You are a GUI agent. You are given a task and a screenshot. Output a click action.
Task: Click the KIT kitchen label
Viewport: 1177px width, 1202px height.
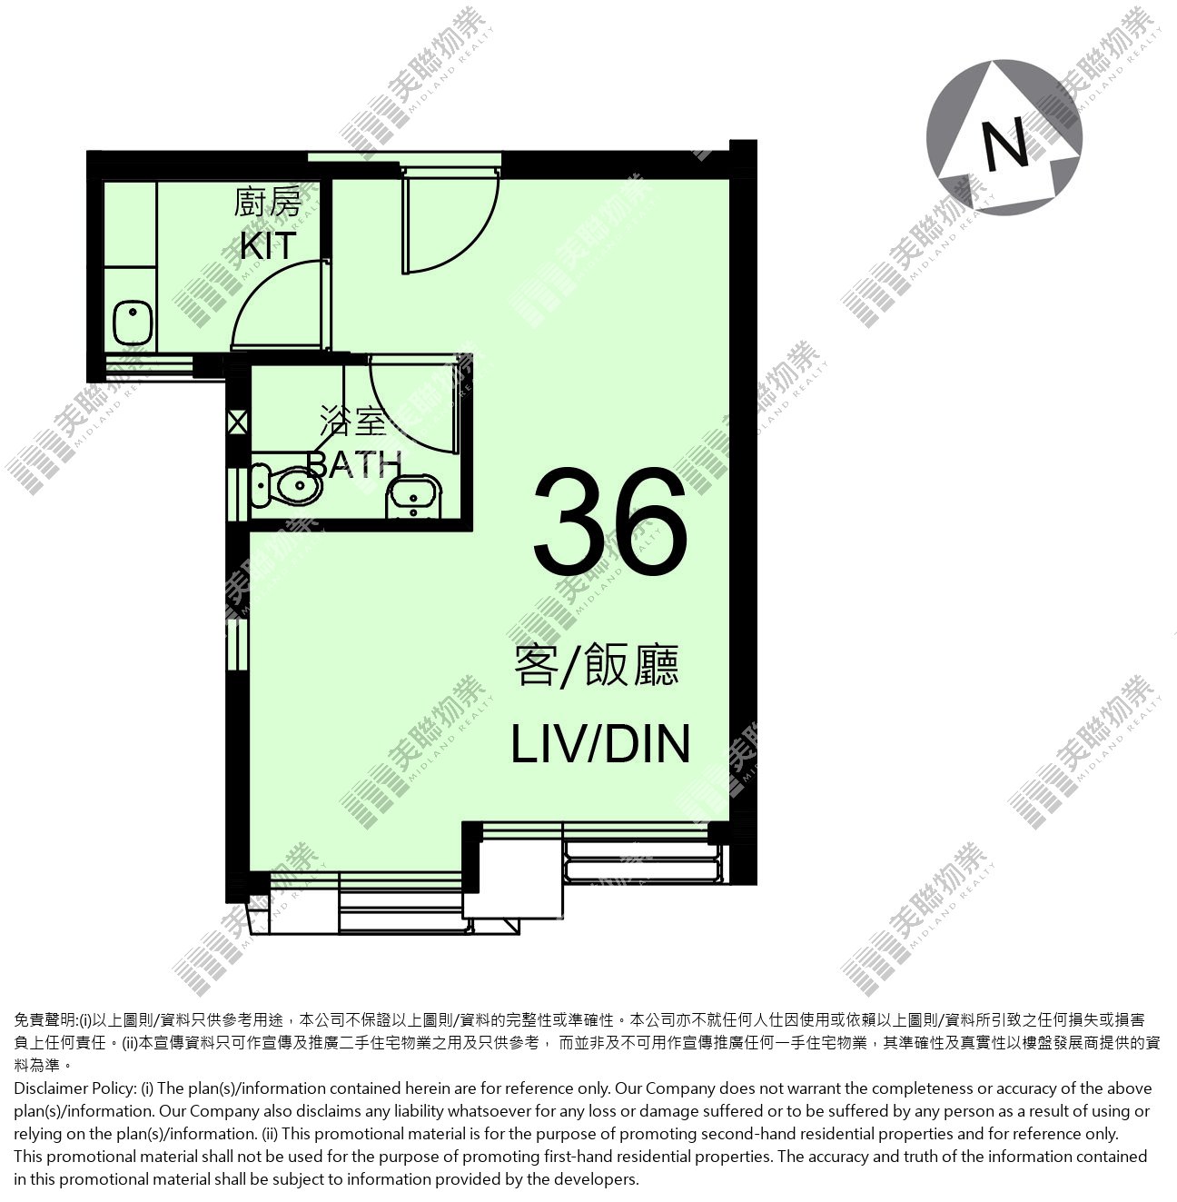(x=268, y=246)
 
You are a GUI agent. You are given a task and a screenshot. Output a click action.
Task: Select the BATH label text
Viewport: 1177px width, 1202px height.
(x=354, y=464)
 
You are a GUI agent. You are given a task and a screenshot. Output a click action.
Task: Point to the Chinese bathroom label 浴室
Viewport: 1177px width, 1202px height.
(x=353, y=422)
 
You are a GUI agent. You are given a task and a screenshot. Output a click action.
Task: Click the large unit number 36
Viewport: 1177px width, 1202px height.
(x=610, y=522)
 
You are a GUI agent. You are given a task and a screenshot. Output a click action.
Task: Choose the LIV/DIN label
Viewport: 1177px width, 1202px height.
(x=600, y=743)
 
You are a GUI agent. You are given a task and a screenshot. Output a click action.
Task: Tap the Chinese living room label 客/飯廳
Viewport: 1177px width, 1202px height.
(x=597, y=665)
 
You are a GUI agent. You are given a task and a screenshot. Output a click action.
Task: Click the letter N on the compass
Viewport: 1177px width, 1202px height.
(x=1004, y=143)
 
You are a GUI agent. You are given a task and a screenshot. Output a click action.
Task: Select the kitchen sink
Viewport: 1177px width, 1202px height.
(x=133, y=323)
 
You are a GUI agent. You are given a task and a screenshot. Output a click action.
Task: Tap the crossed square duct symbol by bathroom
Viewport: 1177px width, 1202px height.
(x=237, y=422)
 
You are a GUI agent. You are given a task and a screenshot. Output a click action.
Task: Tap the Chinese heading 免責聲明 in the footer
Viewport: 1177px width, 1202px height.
(x=44, y=1020)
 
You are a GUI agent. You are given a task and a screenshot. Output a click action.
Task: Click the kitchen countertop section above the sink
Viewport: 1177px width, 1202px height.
(x=130, y=224)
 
